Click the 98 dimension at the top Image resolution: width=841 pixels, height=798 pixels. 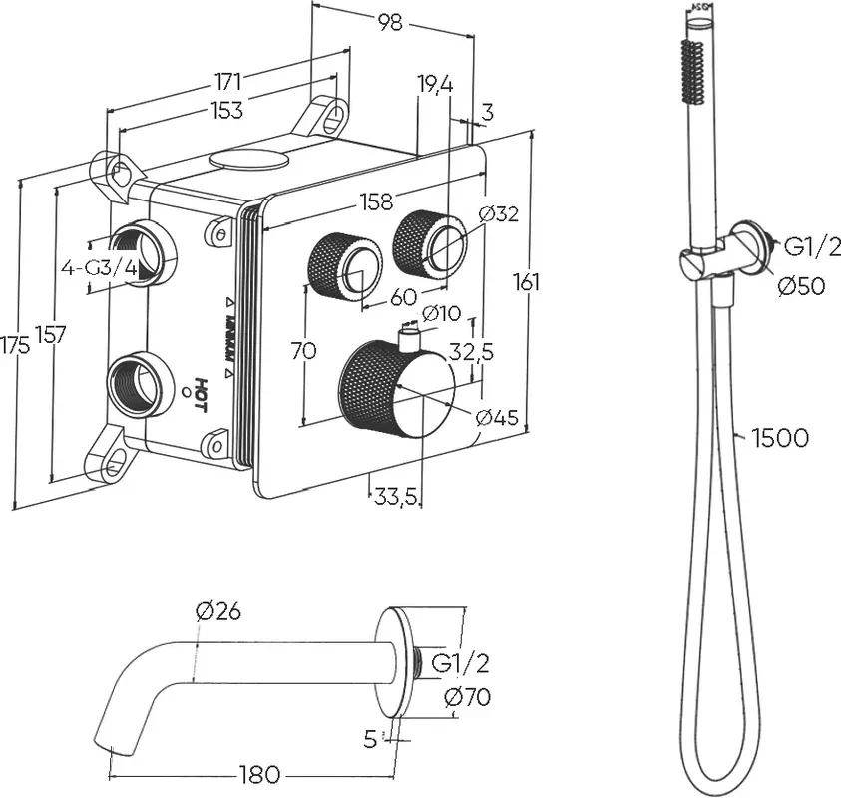point(391,23)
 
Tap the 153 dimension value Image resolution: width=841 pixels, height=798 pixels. point(227,110)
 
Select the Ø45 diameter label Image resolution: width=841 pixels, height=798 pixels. point(496,417)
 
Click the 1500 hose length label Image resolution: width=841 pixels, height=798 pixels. point(780,437)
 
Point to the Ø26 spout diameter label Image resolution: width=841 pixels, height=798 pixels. point(219,611)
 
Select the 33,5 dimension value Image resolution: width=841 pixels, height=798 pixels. point(396,496)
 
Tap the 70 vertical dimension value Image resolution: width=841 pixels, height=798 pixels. point(305,351)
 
